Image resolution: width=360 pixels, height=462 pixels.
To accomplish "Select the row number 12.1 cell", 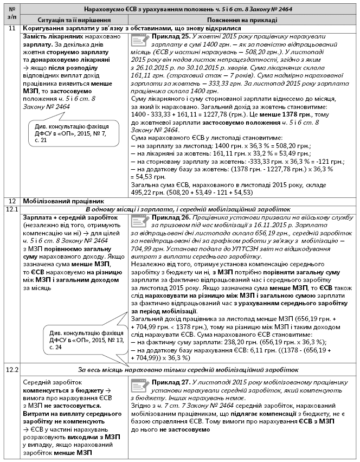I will tap(12, 209).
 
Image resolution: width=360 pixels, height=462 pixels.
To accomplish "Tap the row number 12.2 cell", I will tap(12, 370).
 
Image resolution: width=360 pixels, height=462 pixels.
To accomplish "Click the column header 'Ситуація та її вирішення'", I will tap(74, 19).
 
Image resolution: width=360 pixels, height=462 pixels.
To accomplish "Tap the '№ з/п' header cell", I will tap(12, 15).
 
